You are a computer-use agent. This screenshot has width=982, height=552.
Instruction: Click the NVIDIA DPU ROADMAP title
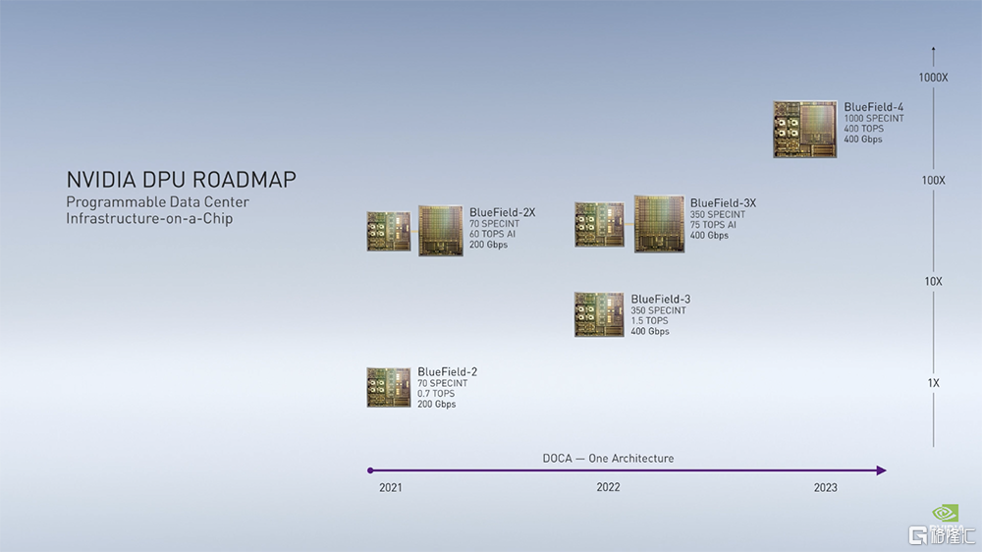[x=181, y=180]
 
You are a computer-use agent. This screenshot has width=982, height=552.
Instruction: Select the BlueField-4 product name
[x=873, y=107]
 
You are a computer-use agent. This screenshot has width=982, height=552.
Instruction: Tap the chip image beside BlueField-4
[x=805, y=129]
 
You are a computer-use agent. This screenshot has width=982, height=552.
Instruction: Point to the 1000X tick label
[x=933, y=78]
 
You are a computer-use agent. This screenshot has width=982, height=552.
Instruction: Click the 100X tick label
[x=933, y=181]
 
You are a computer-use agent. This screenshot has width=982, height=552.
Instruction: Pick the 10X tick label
[x=933, y=281]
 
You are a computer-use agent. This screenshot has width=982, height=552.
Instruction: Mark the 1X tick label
[x=933, y=383]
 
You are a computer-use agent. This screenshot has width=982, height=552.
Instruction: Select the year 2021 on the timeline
[x=390, y=487]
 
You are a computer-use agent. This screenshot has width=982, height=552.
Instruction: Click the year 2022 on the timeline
[x=608, y=487]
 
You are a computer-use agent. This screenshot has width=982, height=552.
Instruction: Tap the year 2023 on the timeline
[x=825, y=487]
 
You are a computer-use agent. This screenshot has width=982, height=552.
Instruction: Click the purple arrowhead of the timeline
[x=881, y=470]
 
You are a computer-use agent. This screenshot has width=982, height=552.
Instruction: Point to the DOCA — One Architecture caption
[x=608, y=459]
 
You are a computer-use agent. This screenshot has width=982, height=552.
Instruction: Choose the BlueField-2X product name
[x=502, y=212]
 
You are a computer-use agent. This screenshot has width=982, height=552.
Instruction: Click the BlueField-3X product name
[x=723, y=203]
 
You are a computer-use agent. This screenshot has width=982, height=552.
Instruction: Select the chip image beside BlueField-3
[x=599, y=314]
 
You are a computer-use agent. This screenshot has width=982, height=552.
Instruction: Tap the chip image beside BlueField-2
[x=389, y=387]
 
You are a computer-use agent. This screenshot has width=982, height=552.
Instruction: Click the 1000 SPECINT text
[x=874, y=119]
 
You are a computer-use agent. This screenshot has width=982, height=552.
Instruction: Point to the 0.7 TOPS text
[x=436, y=394]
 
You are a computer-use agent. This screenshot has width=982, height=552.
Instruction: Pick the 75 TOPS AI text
[x=713, y=225]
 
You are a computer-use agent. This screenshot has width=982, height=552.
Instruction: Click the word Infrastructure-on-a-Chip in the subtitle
[x=149, y=219]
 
